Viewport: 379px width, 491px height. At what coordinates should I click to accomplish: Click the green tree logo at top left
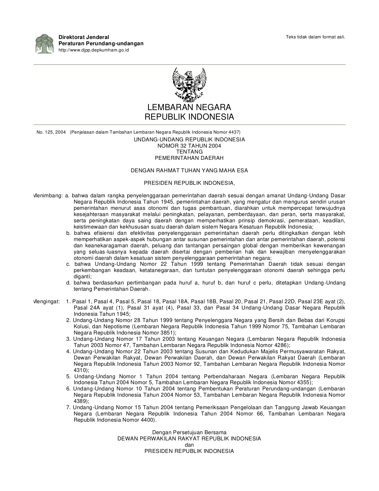(x=44, y=43)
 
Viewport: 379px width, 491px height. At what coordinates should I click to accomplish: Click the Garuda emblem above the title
(x=189, y=85)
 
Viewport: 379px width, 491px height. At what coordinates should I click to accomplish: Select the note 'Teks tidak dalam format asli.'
(x=315, y=37)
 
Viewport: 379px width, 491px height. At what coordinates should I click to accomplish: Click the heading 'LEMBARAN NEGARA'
(x=189, y=107)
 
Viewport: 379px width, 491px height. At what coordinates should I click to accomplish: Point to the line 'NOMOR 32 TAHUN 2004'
(x=189, y=146)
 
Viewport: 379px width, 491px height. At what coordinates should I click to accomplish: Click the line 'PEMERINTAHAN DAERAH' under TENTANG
(x=189, y=158)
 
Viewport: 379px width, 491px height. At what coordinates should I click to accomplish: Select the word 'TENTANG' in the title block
(x=189, y=152)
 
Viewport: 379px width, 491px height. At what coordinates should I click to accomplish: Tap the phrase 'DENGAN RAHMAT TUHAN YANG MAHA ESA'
(x=189, y=171)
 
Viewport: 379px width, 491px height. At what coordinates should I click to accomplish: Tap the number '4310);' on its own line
(x=81, y=370)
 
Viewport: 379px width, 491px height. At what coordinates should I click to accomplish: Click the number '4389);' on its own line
(x=81, y=401)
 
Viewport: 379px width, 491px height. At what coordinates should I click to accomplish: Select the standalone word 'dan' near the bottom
(x=189, y=445)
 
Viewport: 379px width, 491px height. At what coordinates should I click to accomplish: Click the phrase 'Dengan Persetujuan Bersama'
(x=189, y=432)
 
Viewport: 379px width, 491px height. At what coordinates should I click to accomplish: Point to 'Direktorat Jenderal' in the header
(x=84, y=37)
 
